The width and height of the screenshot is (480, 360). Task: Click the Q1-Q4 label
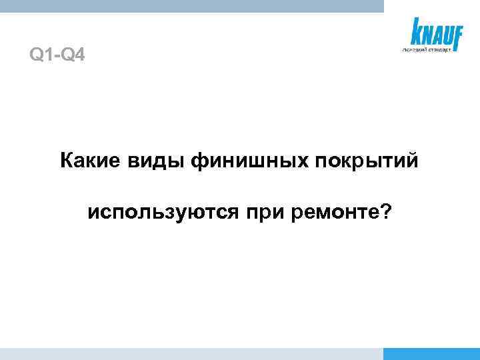(57, 54)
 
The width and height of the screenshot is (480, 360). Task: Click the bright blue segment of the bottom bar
(432, 354)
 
